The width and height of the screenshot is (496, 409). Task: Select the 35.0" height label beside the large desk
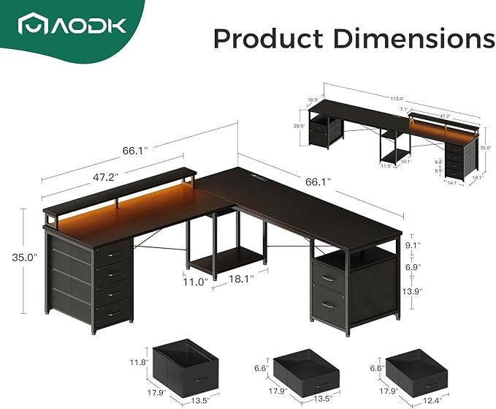tap(22, 257)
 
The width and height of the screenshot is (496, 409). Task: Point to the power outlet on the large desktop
tap(259, 174)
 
